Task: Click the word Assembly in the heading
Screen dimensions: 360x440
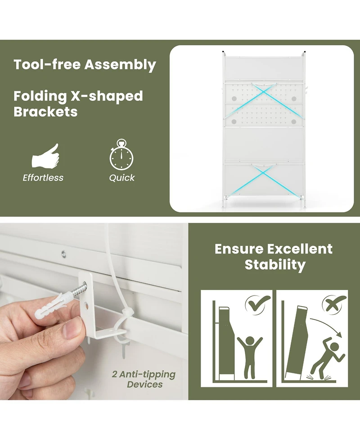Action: coord(120,65)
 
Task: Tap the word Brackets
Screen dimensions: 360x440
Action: coord(45,112)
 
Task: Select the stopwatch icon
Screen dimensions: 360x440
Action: coord(121,154)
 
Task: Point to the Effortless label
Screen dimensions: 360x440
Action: coord(43,177)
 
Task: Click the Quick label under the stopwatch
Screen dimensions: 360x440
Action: coord(121,178)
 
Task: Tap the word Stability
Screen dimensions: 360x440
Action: coord(275,265)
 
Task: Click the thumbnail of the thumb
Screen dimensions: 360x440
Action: coord(70,330)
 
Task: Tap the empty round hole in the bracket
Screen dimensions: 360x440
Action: coord(86,306)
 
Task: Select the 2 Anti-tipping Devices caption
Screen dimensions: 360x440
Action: coord(144,379)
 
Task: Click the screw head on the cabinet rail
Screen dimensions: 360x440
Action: coord(64,254)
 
